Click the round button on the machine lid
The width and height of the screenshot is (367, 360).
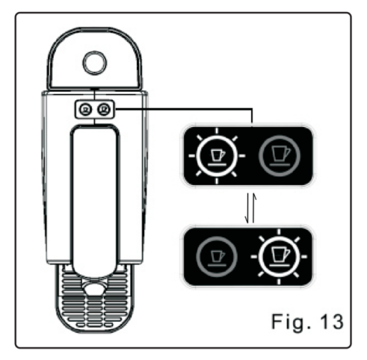[x=95, y=63]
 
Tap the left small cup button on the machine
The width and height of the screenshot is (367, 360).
[x=86, y=109]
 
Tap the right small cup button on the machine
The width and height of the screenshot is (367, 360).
[x=104, y=109]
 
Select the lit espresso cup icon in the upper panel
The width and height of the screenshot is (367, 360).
[x=217, y=156]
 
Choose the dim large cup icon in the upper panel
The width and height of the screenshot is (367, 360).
[x=279, y=156]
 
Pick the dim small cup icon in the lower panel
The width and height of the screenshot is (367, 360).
[x=217, y=256]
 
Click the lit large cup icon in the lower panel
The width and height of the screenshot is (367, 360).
[x=279, y=256]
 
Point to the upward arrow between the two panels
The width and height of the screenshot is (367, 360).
[x=253, y=208]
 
